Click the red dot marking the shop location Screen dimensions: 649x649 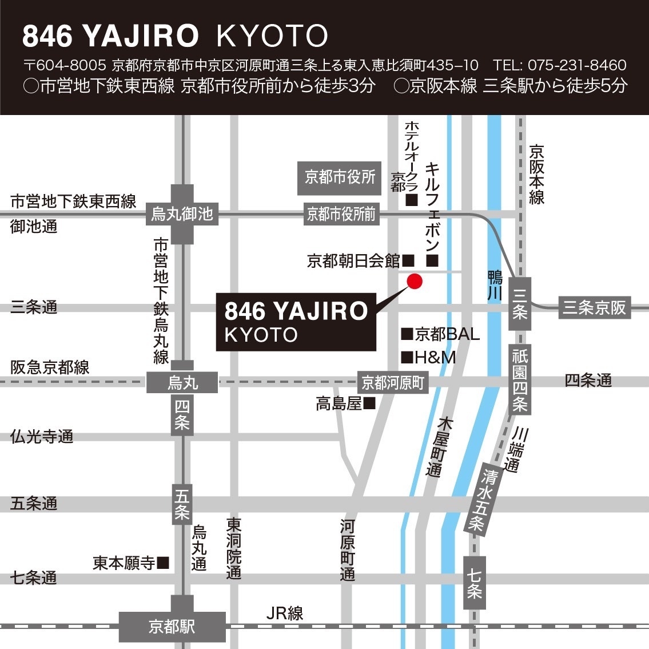coord(414,281)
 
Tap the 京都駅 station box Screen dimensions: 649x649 coord(172,626)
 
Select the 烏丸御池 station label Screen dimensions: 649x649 coord(182,214)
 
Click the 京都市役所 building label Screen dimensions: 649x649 coord(340,177)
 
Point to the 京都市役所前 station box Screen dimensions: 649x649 coord(341,214)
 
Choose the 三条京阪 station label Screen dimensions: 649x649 coord(594,307)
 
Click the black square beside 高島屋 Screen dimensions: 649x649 coord(369,403)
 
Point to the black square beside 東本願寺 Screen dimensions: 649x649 coord(163,563)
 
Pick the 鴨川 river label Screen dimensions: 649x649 coord(495,286)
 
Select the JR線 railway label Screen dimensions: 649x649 coord(285,614)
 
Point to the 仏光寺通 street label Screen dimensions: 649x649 coord(42,437)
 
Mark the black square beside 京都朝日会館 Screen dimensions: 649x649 coord(408,261)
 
